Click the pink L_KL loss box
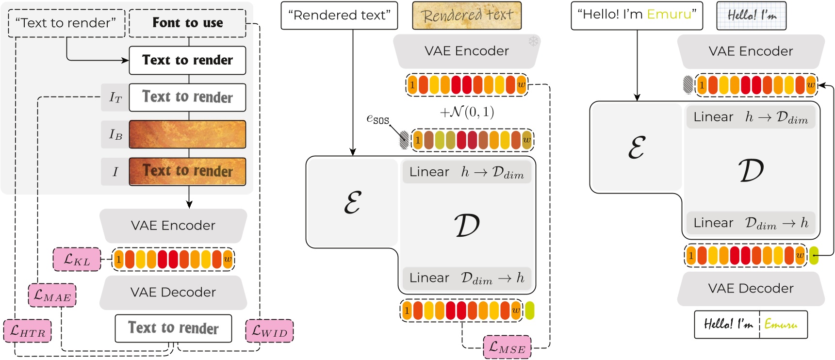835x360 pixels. point(77,260)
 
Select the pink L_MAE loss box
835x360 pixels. point(52,295)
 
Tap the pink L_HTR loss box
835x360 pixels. point(27,331)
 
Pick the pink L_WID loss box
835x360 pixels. point(269,331)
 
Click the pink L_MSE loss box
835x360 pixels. point(507,347)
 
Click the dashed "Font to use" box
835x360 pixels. point(188,23)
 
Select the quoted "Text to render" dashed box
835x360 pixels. point(66,23)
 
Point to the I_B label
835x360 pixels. point(115,134)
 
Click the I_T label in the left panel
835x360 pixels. point(115,98)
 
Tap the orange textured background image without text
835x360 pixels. point(188,134)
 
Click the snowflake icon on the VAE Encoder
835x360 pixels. point(533,41)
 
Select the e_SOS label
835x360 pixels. point(377,118)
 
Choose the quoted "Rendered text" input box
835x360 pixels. point(339,16)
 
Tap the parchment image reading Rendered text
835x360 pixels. point(467,16)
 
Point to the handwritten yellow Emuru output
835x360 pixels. point(781,325)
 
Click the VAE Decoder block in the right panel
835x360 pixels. point(751,289)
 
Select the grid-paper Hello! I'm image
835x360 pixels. point(751,16)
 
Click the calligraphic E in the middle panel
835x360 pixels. point(352,203)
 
